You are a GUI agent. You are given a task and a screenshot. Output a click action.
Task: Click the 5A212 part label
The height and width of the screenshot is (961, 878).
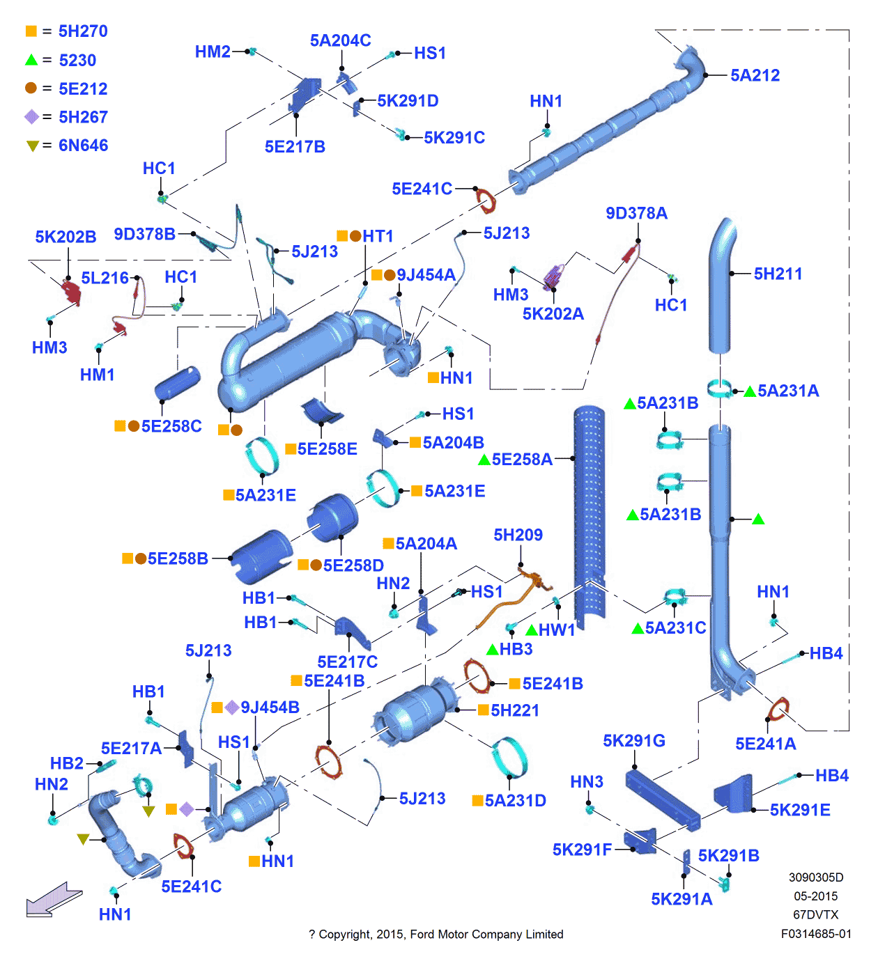click(755, 75)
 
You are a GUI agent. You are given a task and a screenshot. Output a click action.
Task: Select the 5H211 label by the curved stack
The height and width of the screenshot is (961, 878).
click(778, 274)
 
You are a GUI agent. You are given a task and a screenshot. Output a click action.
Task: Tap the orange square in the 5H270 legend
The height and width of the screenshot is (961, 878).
click(31, 31)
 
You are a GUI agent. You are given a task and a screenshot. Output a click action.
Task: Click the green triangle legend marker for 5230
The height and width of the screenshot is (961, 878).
click(31, 61)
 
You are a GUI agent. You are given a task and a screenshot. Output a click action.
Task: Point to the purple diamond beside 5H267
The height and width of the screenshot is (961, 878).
click(31, 117)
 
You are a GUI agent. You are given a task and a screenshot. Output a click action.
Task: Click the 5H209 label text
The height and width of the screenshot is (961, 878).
click(518, 535)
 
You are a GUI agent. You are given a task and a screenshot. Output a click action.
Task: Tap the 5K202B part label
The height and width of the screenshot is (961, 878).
click(66, 237)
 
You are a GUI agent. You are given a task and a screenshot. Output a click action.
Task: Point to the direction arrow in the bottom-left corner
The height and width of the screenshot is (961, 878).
click(54, 900)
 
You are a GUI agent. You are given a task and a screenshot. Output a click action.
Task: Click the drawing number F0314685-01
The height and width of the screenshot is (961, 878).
click(816, 934)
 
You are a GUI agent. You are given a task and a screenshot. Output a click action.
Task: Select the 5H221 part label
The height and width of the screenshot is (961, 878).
click(515, 710)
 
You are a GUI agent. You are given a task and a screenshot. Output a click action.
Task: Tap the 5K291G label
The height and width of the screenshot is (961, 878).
click(634, 741)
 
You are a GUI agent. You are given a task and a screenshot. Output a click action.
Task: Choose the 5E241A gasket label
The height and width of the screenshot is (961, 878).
click(765, 744)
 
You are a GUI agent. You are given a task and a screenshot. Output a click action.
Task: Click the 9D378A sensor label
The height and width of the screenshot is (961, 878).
click(636, 213)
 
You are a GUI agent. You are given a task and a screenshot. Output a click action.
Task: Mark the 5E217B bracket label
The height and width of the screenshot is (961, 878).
click(295, 147)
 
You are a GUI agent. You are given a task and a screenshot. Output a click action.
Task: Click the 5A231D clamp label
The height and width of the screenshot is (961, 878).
click(515, 801)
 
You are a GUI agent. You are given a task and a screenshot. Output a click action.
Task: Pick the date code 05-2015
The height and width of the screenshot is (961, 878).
click(816, 896)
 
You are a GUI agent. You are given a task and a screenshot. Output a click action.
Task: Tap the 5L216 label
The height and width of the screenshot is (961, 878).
click(105, 278)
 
